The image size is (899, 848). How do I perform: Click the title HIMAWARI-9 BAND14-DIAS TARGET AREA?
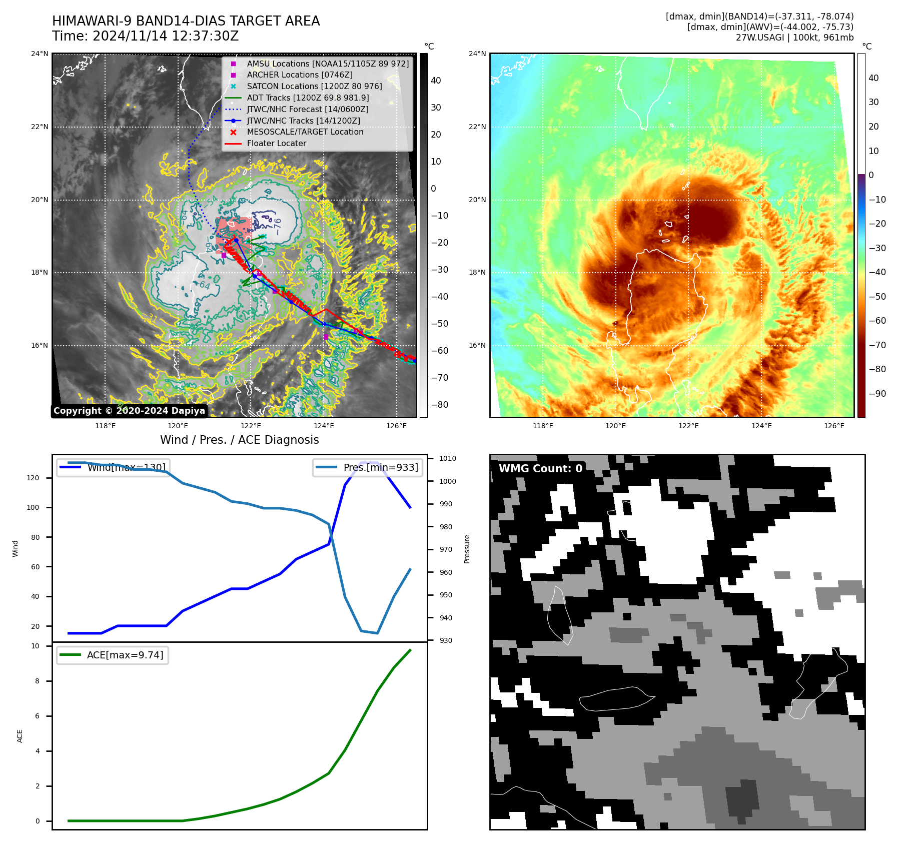tap(186, 21)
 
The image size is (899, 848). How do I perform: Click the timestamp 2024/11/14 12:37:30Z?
tap(166, 37)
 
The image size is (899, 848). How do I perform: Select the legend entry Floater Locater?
tap(276, 144)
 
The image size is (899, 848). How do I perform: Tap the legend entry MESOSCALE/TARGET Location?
tap(305, 132)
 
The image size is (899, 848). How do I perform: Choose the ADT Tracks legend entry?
tap(308, 98)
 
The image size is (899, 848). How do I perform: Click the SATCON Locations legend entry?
tap(314, 87)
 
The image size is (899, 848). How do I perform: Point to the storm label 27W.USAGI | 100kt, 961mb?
tap(794, 38)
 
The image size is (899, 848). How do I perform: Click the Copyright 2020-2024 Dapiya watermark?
tap(129, 411)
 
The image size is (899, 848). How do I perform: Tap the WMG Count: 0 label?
tap(540, 469)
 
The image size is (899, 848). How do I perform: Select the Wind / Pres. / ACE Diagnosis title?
tap(239, 440)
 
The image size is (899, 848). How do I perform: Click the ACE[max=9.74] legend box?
tap(113, 655)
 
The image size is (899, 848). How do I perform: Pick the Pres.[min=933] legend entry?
tap(367, 468)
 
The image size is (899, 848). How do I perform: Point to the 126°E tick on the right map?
tap(834, 426)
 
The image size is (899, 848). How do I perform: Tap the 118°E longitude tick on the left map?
tap(105, 426)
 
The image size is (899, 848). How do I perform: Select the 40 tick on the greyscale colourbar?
tap(436, 81)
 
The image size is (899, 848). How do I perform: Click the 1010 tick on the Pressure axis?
tap(448, 458)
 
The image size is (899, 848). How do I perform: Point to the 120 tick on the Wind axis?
tap(33, 478)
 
